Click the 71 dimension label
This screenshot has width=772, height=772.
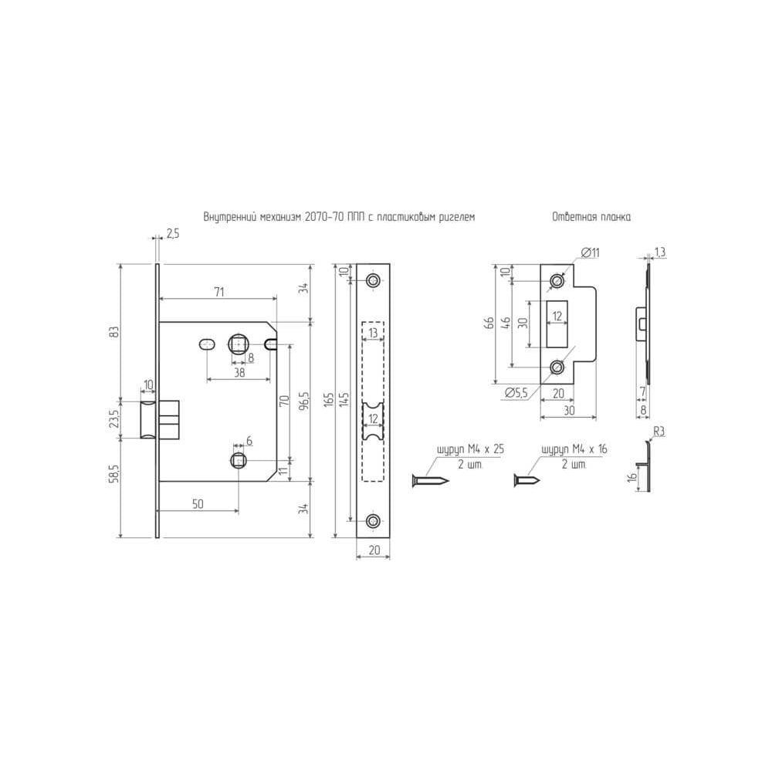pyautogui.click(x=219, y=292)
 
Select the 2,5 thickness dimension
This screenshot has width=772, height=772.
pyautogui.click(x=173, y=233)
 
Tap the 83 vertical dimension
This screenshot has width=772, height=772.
pyautogui.click(x=114, y=332)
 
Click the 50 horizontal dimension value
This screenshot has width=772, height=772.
pyautogui.click(x=198, y=504)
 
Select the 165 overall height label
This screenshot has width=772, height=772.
pyautogui.click(x=330, y=399)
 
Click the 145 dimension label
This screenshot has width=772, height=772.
pyautogui.click(x=344, y=399)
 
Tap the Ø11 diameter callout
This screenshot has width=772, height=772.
pyautogui.click(x=591, y=252)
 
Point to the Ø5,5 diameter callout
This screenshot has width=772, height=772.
pyautogui.click(x=516, y=392)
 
